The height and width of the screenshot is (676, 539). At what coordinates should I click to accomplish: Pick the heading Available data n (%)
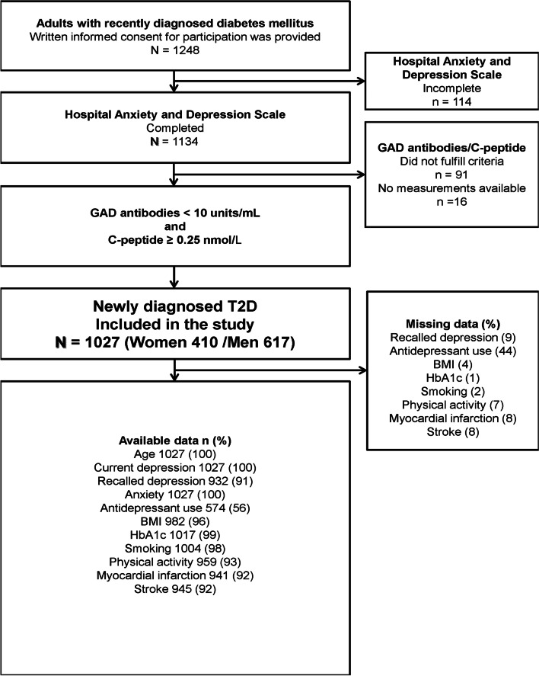coord(175,440)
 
